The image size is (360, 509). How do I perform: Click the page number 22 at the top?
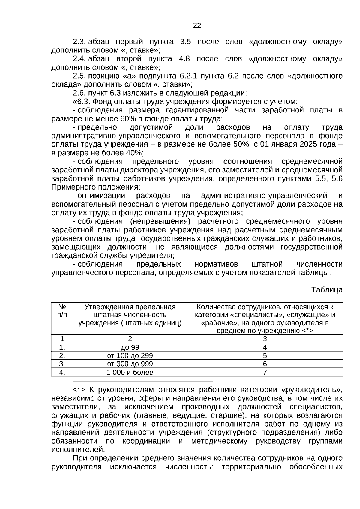pos(197,25)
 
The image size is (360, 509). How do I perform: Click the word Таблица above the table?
pos(327,290)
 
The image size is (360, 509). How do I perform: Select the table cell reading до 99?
pos(130,347)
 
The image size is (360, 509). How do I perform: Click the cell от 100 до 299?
pos(130,356)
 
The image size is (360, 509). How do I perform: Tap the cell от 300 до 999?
pos(130,364)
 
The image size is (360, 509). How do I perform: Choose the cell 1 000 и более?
pos(130,372)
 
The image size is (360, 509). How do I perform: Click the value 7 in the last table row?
pos(265,372)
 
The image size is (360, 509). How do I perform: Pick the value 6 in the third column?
pos(265,364)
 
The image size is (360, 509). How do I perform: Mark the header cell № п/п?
pos(62,311)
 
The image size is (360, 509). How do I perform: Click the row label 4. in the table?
pos(62,372)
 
